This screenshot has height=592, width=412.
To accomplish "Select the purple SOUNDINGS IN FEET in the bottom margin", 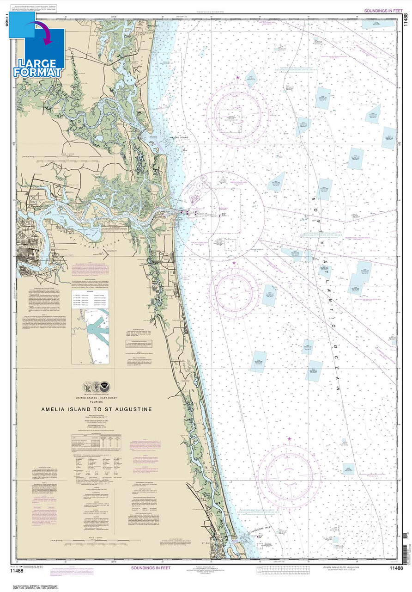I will point(151,567).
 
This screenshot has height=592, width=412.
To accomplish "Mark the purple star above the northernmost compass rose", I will point(238,77).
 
